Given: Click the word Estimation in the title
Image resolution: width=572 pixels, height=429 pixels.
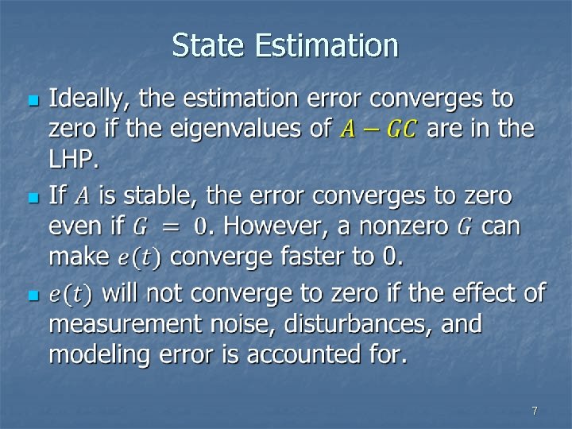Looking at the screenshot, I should (x=327, y=45).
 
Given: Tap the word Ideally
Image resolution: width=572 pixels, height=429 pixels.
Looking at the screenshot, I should (x=89, y=100).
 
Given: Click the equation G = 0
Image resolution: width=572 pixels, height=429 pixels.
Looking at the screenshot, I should (x=170, y=227).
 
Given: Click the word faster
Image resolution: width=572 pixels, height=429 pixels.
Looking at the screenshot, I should (x=315, y=257).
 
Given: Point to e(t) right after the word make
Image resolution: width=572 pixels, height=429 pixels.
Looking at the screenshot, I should (x=139, y=257).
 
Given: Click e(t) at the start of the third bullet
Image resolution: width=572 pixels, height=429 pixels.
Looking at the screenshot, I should (x=71, y=295).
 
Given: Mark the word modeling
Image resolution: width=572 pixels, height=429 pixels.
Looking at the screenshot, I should (x=101, y=355).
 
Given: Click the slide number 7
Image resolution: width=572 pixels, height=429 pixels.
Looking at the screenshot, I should (x=535, y=411).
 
